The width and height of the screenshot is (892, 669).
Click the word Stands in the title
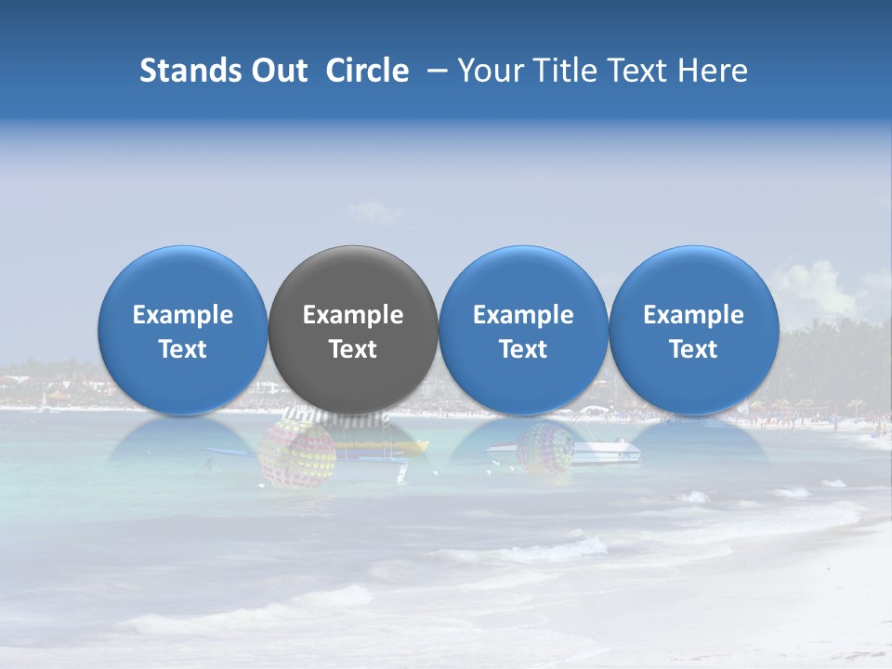click(190, 71)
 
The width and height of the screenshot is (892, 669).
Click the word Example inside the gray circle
click(353, 315)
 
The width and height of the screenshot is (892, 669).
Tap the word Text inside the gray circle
click(353, 349)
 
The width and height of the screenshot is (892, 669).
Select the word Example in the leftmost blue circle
click(182, 315)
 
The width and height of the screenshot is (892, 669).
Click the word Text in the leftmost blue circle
click(182, 349)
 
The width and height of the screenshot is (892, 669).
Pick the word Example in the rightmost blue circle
click(693, 315)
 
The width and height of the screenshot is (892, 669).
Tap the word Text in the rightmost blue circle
click(693, 349)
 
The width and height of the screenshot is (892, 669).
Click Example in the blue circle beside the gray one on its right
click(523, 315)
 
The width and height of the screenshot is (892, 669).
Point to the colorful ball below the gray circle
click(296, 453)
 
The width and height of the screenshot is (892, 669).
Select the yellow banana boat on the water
click(390, 446)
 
